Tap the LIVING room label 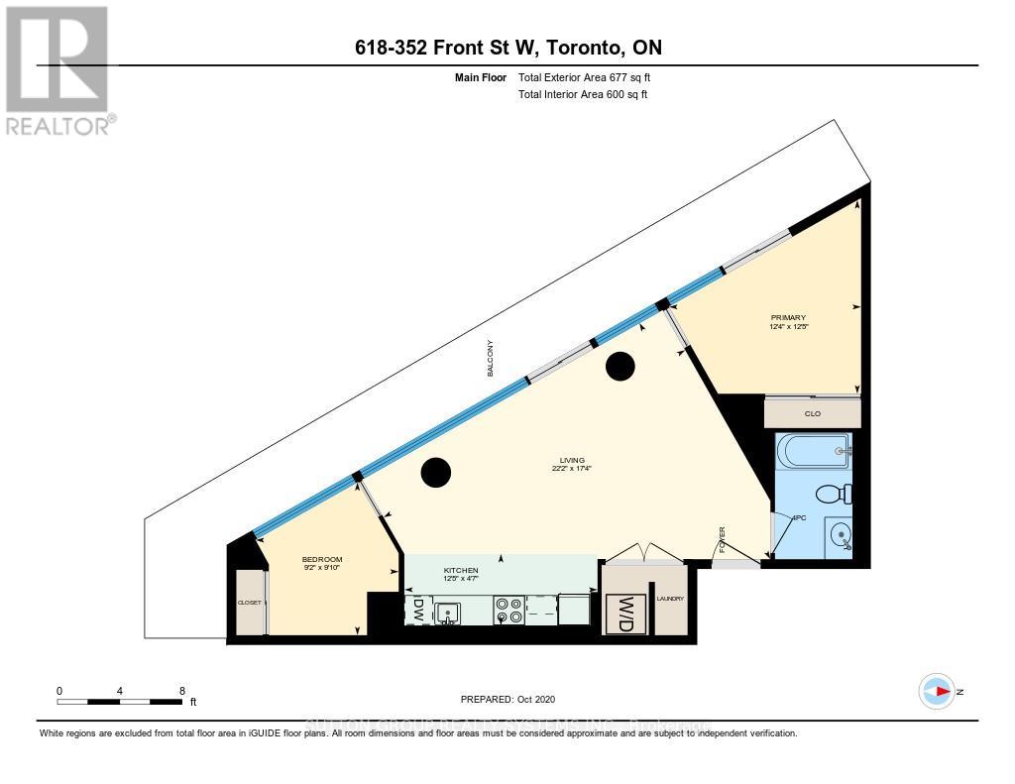pos(572,461)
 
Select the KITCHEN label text pos(461,570)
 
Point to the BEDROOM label pos(322,560)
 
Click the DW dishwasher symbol pos(417,610)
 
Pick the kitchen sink pos(448,613)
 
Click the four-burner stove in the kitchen pos(509,610)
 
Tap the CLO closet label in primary pos(812,413)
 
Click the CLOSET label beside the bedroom pos(249,602)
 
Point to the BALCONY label pos(489,358)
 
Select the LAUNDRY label pos(670,599)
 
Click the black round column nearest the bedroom pos(436,473)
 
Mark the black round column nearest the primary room pos(620,367)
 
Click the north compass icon pos(937,691)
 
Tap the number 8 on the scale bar pos(181,690)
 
